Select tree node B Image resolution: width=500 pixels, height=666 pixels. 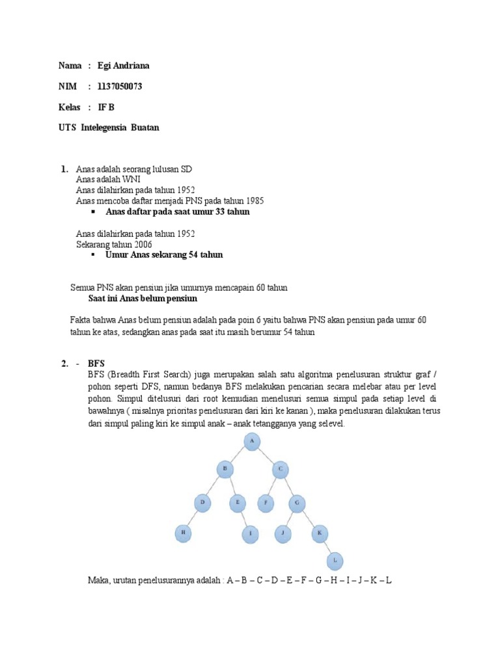click(x=225, y=468)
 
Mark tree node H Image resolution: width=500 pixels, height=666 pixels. click(x=183, y=534)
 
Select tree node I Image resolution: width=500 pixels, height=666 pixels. click(x=251, y=535)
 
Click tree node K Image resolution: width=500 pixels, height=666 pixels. click(x=320, y=534)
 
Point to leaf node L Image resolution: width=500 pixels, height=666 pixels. click(x=335, y=561)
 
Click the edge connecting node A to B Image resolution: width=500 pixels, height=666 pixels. click(x=238, y=455)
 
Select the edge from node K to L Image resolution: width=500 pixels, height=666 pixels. click(x=327, y=547)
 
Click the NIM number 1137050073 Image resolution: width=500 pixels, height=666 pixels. click(x=120, y=87)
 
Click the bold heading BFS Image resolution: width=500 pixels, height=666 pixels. click(x=96, y=363)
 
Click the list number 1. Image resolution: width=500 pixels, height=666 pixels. click(x=64, y=169)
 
